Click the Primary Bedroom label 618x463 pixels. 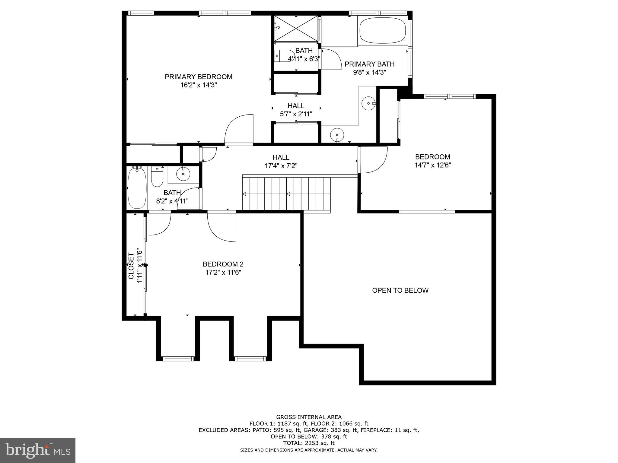point(198,77)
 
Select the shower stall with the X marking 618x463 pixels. point(296,28)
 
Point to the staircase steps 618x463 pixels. point(287,194)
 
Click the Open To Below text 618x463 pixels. point(400,290)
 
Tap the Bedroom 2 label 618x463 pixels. point(223,264)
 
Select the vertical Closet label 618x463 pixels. point(131,266)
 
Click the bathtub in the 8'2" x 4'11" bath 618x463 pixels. point(137,188)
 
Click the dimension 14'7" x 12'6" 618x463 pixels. point(433,165)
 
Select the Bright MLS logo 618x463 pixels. point(38,450)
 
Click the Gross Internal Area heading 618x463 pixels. point(309,417)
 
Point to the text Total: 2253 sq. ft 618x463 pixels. point(309,443)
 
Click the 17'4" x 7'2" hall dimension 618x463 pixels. point(281,166)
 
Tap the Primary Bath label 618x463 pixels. point(369,64)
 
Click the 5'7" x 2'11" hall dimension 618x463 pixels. point(296,114)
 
